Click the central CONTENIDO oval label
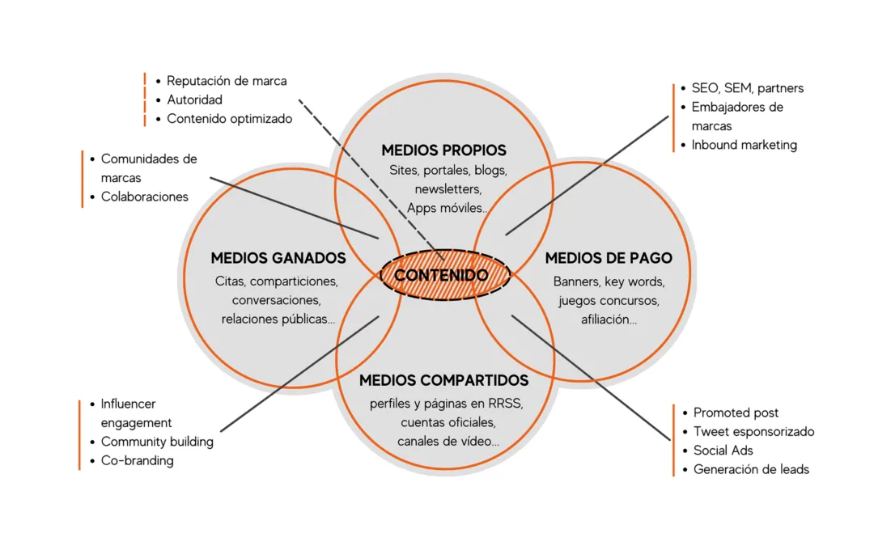[x=442, y=276]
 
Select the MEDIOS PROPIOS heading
[x=443, y=150]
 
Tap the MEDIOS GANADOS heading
[x=278, y=258]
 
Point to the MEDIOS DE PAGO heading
[x=609, y=258]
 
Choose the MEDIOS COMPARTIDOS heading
[x=443, y=380]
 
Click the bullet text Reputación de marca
[x=227, y=81]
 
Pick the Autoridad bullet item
[x=194, y=99]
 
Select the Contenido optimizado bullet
[x=229, y=119]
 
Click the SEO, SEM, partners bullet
[x=748, y=88]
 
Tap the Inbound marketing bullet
[x=744, y=146]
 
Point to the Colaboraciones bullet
[x=144, y=197]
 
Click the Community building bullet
[x=157, y=442]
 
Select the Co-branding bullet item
[x=137, y=461]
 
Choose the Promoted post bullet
[x=736, y=413]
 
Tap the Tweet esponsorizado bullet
[x=753, y=432]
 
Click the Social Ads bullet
[x=723, y=451]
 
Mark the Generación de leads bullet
[x=751, y=470]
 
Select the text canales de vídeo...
[x=448, y=442]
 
